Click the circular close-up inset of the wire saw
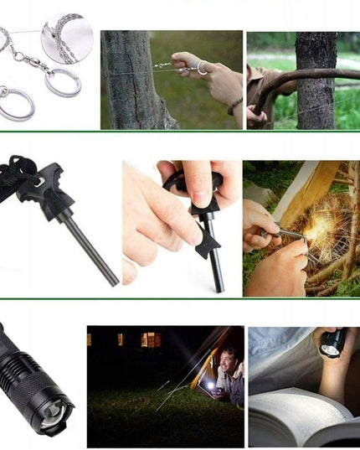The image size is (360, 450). click(67, 38)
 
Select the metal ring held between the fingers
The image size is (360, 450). click(202, 67)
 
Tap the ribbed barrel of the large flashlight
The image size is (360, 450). click(21, 369)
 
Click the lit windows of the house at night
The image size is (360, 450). click(150, 339)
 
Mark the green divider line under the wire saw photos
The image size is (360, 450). click(180, 132)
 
